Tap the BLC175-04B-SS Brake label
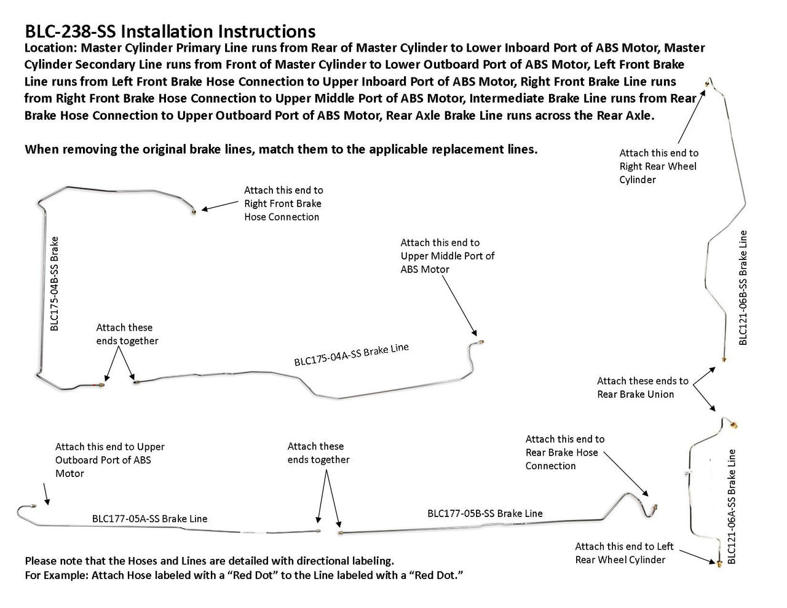(55, 284)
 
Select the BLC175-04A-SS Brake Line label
(352, 355)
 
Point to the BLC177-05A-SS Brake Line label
(149, 518)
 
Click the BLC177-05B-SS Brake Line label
(484, 513)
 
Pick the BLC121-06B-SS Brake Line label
(743, 288)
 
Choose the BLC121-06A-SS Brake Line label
(731, 507)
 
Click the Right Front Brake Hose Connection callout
(283, 203)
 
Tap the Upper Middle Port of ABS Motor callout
(447, 256)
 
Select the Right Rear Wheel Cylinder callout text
(658, 166)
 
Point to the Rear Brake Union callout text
(643, 387)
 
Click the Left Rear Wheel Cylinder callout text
(624, 553)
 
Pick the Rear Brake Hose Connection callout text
(564, 452)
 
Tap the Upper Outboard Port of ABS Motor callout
(109, 460)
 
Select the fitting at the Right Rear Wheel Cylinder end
(708, 82)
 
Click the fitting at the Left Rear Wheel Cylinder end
(719, 562)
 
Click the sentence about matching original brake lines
(281, 150)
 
